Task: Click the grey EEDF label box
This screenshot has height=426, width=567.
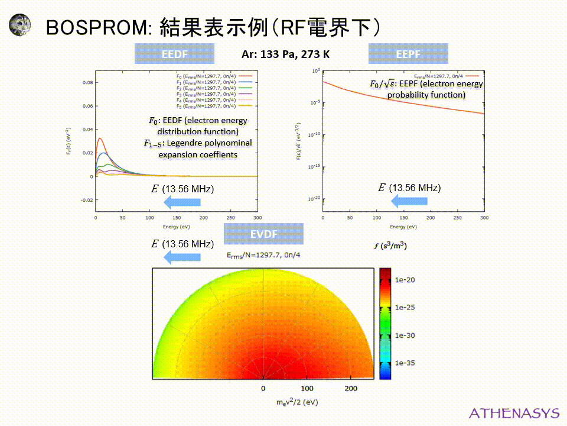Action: (174, 54)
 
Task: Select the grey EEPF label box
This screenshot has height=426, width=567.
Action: (408, 54)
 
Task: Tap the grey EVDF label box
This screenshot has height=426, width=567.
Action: (263, 234)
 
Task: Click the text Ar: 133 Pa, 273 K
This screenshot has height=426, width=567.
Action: (285, 54)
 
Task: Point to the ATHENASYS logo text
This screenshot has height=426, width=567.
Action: (513, 412)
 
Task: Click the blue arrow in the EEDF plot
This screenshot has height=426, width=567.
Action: (182, 203)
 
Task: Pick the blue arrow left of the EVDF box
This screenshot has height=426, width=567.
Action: (182, 257)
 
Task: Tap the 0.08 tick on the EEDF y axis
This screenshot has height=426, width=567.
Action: (87, 83)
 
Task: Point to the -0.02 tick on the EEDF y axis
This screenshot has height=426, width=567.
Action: (86, 200)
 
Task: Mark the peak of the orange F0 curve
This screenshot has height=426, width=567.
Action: (100, 138)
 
